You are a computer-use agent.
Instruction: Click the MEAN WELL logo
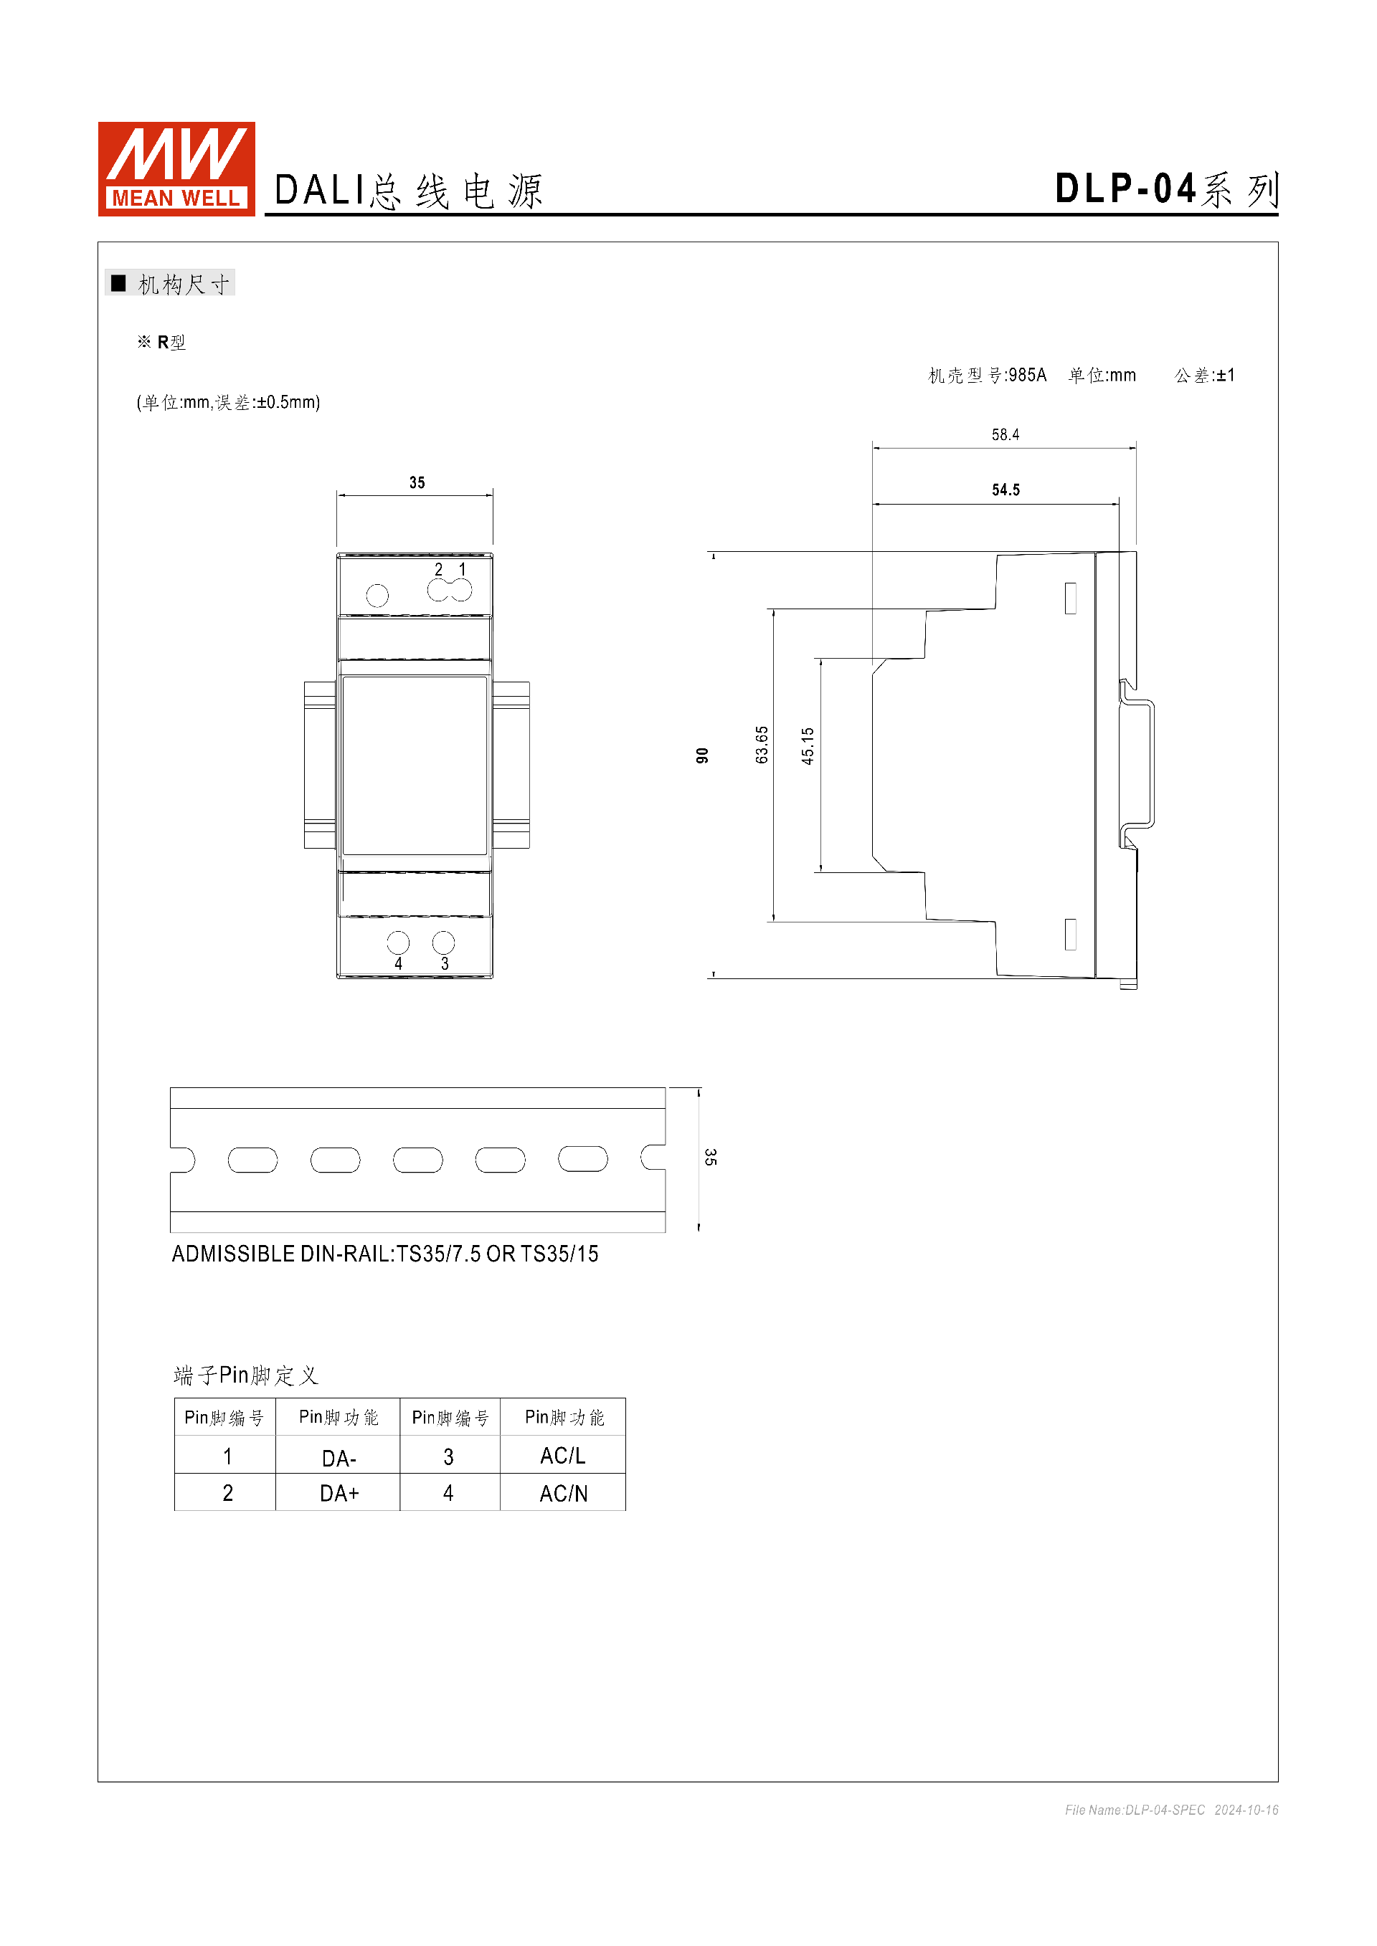pyautogui.click(x=176, y=168)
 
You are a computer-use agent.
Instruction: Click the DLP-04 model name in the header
pyautogui.click(x=1125, y=189)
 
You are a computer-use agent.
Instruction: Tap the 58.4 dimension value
pyautogui.click(x=1005, y=435)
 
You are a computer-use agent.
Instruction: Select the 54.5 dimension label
pyautogui.click(x=1005, y=490)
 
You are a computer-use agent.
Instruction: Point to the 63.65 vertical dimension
pyautogui.click(x=762, y=744)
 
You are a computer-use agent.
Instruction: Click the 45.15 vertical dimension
pyautogui.click(x=808, y=746)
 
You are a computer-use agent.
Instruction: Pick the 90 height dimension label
pyautogui.click(x=702, y=755)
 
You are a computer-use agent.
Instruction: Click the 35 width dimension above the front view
pyautogui.click(x=417, y=482)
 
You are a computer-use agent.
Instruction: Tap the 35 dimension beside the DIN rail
pyautogui.click(x=711, y=1157)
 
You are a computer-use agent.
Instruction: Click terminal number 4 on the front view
pyautogui.click(x=399, y=963)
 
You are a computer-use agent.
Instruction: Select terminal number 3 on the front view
pyautogui.click(x=445, y=963)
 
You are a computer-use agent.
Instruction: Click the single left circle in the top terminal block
pyautogui.click(x=377, y=596)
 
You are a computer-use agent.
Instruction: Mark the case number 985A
pyautogui.click(x=1028, y=375)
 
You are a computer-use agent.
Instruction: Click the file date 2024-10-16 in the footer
pyautogui.click(x=1246, y=1810)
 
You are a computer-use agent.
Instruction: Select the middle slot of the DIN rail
pyautogui.click(x=418, y=1160)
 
